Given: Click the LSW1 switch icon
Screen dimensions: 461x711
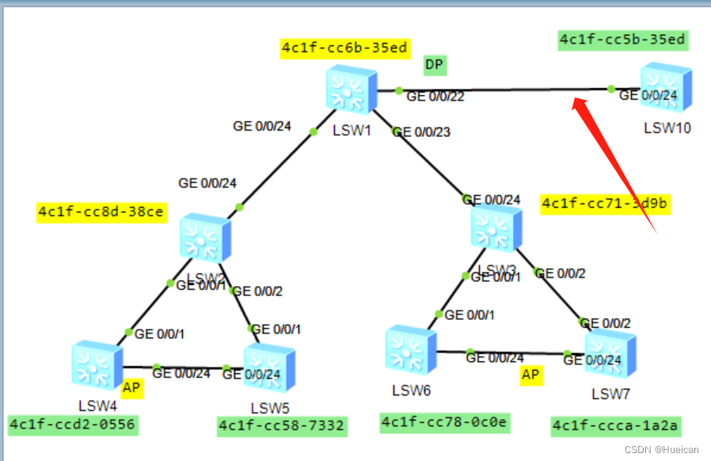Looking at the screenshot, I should (351, 88).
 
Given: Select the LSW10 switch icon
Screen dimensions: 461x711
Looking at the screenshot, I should (666, 87).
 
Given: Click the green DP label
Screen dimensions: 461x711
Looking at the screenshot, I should (434, 64).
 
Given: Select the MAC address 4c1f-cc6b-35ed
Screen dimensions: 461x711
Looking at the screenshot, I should (344, 48).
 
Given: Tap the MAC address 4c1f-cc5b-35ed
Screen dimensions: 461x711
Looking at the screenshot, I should (622, 39).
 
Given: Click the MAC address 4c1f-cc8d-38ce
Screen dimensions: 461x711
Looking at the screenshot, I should (101, 211).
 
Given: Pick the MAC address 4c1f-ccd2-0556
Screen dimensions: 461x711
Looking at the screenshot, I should (72, 425).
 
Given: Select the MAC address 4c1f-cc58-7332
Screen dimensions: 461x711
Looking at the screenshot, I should (281, 426).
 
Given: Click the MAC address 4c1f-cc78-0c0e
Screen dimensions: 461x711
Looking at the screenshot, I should (444, 422).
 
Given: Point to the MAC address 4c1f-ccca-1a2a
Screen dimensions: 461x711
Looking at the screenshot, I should (615, 426).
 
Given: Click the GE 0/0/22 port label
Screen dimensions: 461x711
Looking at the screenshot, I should (435, 97).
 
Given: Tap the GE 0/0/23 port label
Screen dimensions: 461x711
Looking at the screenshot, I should (421, 131).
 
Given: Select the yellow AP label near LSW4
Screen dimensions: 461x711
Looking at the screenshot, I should (131, 388).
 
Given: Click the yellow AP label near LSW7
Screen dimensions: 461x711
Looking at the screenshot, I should (530, 375).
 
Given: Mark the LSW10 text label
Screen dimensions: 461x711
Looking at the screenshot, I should (667, 128).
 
